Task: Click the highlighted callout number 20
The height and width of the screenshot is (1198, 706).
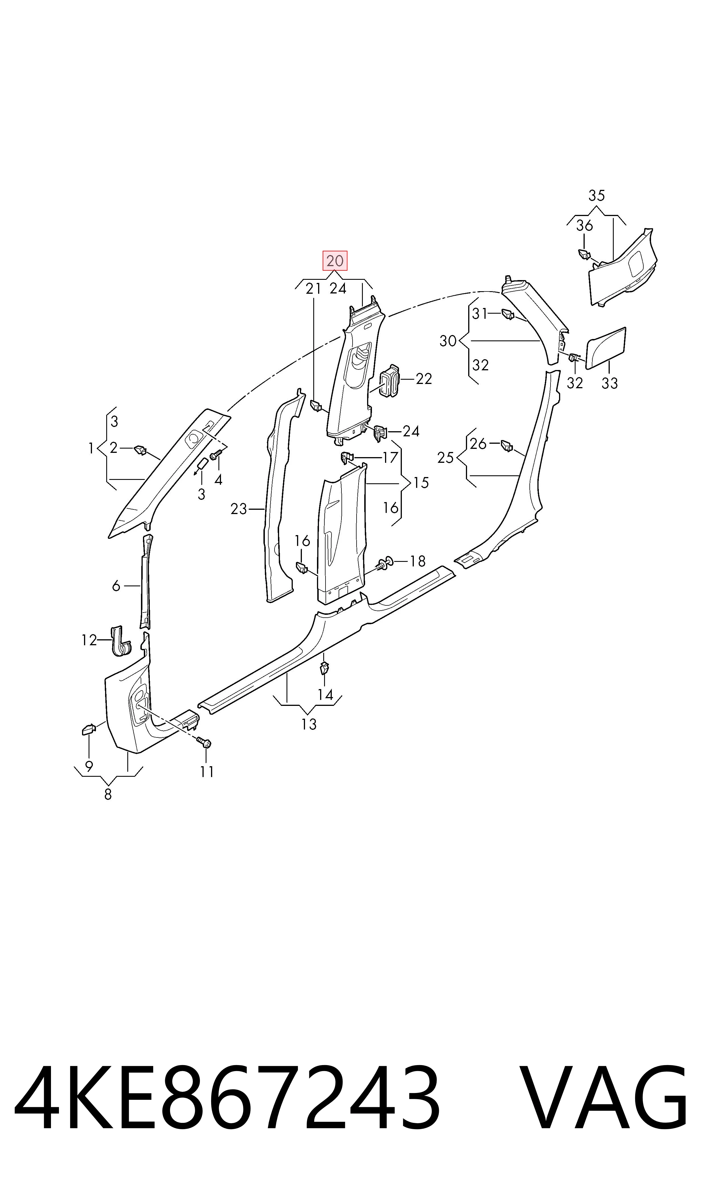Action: click(x=335, y=260)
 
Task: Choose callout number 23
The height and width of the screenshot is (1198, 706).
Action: click(x=239, y=509)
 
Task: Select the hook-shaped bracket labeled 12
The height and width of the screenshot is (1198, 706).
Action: click(x=120, y=642)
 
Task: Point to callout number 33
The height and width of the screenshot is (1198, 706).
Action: click(x=609, y=383)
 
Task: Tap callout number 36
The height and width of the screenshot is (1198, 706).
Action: click(x=584, y=225)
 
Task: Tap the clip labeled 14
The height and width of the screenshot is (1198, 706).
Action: click(x=324, y=668)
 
